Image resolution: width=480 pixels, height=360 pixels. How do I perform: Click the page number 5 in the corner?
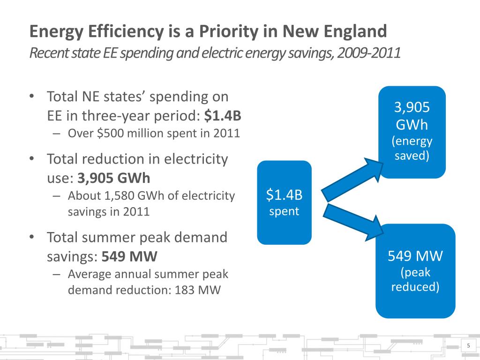(468, 346)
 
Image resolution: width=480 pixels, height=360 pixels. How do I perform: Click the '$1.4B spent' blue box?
(285, 202)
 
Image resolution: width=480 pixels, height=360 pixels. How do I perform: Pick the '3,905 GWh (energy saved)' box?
(412, 132)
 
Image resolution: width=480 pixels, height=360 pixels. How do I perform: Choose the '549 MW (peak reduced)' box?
(415, 270)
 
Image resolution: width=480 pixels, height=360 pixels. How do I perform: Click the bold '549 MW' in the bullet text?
(130, 256)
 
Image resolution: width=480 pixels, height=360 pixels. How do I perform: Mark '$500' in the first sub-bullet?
(107, 133)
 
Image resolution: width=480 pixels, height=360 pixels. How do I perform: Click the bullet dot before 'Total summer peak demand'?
(31, 237)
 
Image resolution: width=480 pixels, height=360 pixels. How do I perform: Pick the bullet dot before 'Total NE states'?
(31, 97)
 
